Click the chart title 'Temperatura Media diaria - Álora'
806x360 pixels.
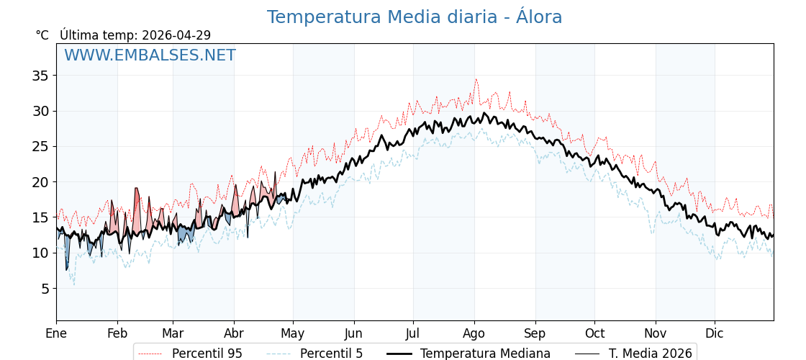(x=414, y=17)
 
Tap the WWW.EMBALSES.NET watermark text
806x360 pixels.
(x=150, y=55)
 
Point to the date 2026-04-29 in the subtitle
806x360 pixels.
(x=176, y=35)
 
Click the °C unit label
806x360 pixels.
(x=42, y=35)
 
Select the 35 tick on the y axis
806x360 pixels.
(x=40, y=76)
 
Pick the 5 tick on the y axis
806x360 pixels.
(x=44, y=289)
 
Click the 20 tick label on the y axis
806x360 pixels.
(x=40, y=182)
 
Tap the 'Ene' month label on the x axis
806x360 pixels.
(x=56, y=333)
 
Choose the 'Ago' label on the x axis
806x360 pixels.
(x=474, y=333)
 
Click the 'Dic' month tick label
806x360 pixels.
(x=715, y=333)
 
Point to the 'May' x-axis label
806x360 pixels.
(x=293, y=333)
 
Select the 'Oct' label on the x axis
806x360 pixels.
(x=594, y=333)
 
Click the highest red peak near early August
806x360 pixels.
(x=476, y=79)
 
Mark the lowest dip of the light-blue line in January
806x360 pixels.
(x=73, y=284)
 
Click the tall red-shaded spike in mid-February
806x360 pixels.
(x=137, y=189)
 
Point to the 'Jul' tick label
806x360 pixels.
(x=413, y=333)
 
